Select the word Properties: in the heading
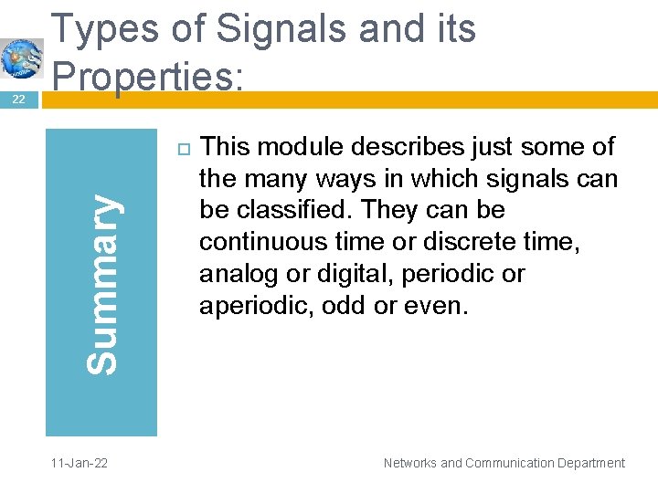point(148,74)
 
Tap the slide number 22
point(18,100)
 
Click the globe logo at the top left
point(21,58)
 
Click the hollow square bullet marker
point(180,148)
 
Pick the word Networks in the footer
point(410,463)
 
